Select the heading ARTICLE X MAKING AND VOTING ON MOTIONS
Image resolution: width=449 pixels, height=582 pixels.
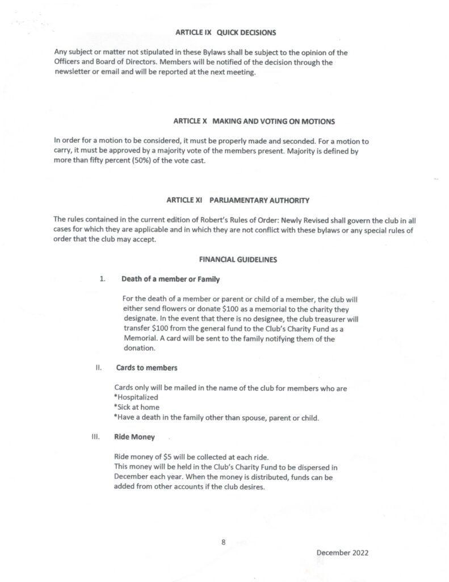254,121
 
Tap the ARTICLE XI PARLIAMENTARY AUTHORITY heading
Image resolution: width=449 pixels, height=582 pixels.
238,201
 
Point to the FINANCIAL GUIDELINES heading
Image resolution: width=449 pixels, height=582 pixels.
237,259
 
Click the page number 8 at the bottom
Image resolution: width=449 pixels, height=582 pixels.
224,542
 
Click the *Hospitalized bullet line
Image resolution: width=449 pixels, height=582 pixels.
136,397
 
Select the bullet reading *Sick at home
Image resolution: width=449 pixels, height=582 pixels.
137,408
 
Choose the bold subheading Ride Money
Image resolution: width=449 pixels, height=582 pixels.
135,438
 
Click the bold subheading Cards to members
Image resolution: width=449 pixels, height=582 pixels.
146,368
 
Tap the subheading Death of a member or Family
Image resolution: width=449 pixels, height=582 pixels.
170,280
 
